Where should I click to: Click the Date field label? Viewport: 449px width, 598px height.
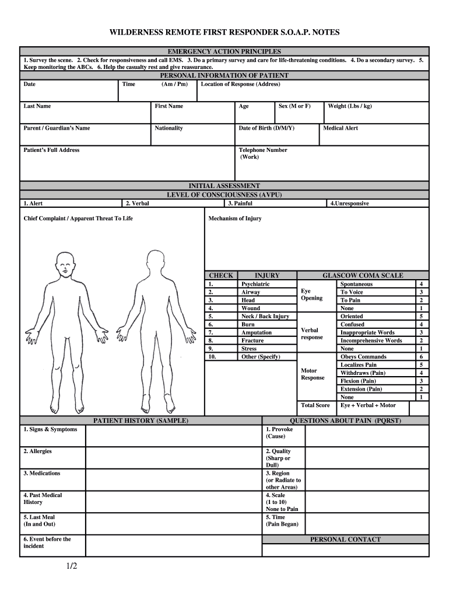(x=29, y=84)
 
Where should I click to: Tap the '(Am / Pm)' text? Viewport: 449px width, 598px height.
(x=174, y=84)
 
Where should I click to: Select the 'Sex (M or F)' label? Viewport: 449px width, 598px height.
(x=294, y=106)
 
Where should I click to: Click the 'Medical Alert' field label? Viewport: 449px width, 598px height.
(x=341, y=128)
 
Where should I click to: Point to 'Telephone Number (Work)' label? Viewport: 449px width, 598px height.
(x=262, y=154)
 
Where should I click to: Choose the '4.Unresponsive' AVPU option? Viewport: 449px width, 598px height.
(x=349, y=203)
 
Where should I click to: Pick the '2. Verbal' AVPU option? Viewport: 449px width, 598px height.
(x=138, y=203)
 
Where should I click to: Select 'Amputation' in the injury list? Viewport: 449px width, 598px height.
(x=257, y=332)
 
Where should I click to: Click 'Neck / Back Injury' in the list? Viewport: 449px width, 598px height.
(x=265, y=317)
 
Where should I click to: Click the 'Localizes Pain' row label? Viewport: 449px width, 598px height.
(x=358, y=365)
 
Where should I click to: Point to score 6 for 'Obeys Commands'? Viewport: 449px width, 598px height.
(x=421, y=357)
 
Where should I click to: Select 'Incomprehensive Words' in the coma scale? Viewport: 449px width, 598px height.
(x=371, y=340)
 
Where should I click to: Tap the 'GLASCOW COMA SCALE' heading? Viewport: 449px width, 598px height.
(x=363, y=276)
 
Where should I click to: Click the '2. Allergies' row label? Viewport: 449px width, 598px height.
(x=38, y=451)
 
